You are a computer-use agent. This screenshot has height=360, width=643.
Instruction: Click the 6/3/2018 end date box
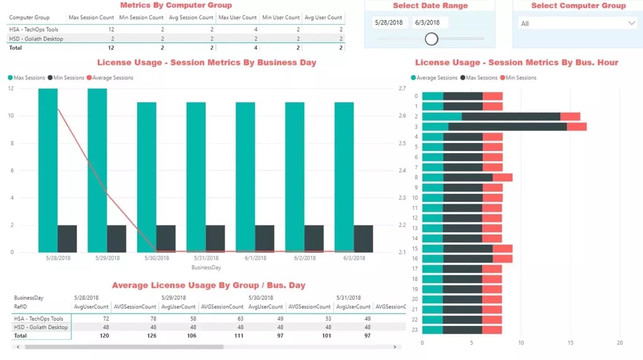430,22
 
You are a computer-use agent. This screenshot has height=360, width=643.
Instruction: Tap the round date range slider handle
431,39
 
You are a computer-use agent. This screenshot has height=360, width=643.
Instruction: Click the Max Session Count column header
91,17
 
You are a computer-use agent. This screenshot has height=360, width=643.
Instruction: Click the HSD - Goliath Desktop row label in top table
36,39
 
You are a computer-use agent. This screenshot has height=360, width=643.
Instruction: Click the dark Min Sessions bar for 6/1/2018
264,239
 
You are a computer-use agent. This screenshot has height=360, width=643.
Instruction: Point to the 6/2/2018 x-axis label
305,258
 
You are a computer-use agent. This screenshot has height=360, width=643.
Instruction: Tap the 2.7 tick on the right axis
402,88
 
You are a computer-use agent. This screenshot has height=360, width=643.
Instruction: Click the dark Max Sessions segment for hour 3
507,127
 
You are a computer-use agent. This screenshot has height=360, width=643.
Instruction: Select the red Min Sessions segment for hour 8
502,177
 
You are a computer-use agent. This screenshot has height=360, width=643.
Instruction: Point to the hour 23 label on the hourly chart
415,330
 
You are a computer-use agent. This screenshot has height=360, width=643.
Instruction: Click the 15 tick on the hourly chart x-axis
570,343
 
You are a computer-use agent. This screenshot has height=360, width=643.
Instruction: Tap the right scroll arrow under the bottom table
395,347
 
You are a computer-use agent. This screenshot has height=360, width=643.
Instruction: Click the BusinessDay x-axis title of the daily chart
206,268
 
